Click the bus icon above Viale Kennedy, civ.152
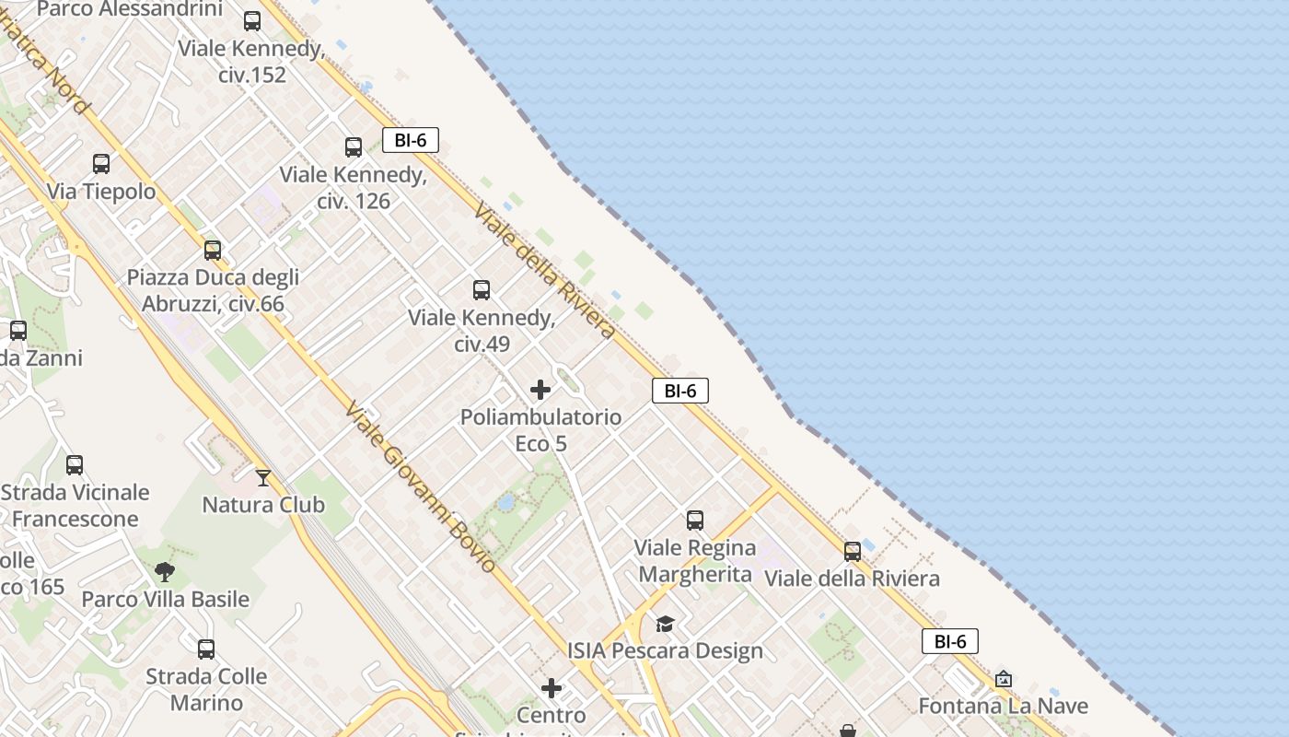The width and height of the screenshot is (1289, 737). (252, 21)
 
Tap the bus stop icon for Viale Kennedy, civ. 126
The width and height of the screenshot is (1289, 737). (354, 147)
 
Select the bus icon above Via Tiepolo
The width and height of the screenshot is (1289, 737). (101, 164)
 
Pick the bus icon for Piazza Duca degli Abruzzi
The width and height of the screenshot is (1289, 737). (213, 250)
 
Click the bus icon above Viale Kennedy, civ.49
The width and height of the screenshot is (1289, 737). (482, 290)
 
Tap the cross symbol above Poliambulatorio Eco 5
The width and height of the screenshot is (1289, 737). (540, 390)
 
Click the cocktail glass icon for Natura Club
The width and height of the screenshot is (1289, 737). (263, 477)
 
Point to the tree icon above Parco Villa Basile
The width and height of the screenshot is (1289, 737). (165, 572)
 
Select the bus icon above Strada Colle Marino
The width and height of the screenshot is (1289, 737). (206, 649)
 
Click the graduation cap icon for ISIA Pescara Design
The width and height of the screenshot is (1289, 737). (665, 624)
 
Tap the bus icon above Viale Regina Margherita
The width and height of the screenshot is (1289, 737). (695, 521)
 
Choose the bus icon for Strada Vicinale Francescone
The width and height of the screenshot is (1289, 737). (75, 465)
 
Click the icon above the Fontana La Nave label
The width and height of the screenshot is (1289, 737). (1004, 679)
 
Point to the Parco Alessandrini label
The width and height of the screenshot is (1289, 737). (130, 9)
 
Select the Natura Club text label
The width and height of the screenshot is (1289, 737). (263, 505)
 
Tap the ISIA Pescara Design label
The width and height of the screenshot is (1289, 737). (665, 651)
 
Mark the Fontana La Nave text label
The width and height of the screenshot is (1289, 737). (1004, 707)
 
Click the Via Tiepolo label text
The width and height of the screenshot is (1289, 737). (101, 192)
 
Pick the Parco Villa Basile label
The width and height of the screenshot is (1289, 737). (166, 600)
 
